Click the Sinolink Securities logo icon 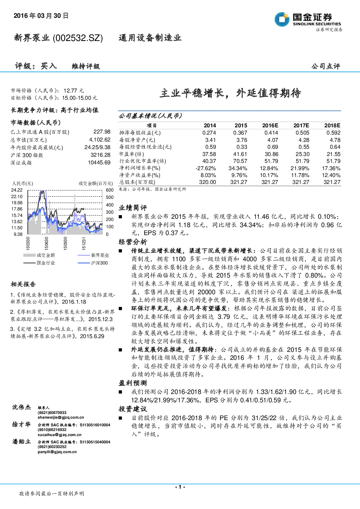(282, 19)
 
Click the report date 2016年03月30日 (41, 16)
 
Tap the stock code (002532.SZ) (78, 38)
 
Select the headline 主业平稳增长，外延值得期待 (230, 93)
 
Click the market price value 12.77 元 (74, 91)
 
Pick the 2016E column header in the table (270, 126)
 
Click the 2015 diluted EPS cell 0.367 (240, 133)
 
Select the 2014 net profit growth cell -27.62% (206, 168)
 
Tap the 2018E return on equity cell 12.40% (332, 175)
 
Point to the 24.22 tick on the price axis (17, 190)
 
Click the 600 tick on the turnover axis (110, 190)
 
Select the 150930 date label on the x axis (65, 243)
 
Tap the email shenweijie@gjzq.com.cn (61, 418)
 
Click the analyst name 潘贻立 (21, 442)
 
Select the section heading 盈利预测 (133, 383)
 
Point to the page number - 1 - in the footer (180, 487)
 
